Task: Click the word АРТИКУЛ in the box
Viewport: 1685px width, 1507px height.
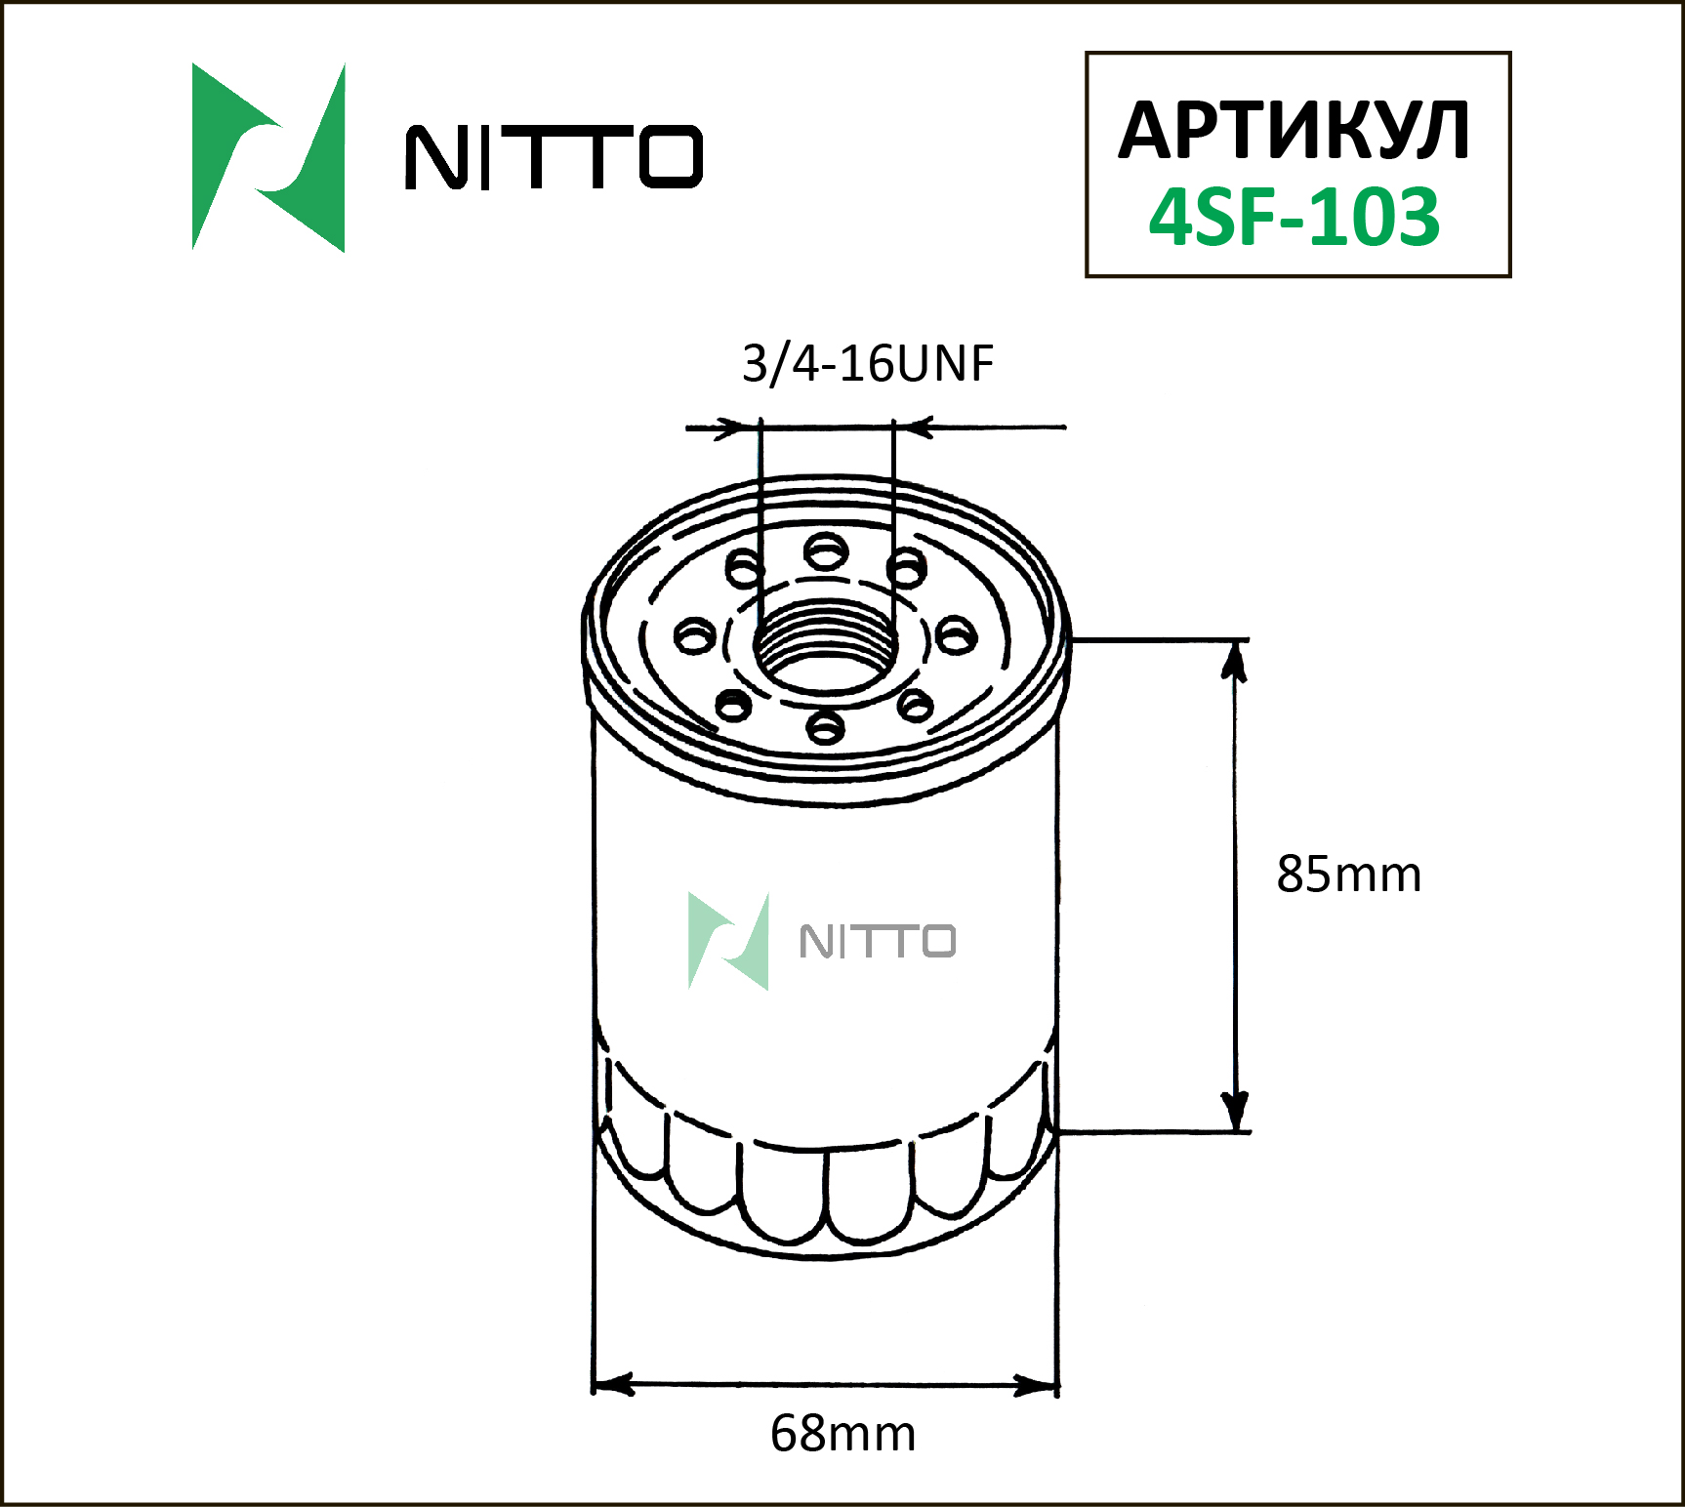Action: point(1294,131)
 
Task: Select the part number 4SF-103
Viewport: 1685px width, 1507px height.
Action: point(1294,217)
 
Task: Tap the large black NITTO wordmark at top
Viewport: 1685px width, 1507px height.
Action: point(554,157)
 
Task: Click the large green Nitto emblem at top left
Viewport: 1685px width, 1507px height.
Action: point(268,157)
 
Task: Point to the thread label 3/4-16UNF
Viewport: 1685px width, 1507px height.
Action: point(867,363)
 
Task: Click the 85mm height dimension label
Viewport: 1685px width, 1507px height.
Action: point(1348,875)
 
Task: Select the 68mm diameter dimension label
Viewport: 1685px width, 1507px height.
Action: point(842,1434)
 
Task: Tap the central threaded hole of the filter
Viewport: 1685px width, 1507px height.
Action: point(826,646)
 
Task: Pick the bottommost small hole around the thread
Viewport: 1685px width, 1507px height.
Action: point(826,726)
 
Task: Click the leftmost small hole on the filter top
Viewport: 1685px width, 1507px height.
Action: point(695,637)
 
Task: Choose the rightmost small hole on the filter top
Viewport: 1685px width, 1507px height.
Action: point(956,636)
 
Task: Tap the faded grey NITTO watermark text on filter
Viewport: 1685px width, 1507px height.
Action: point(877,942)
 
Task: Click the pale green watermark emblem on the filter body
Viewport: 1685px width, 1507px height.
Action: point(728,941)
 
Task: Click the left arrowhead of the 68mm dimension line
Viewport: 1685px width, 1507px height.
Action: point(613,1384)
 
